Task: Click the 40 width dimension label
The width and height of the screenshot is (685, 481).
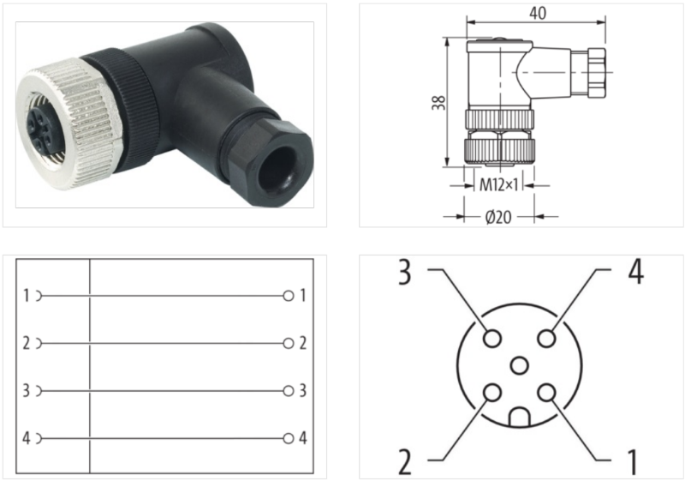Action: pyautogui.click(x=538, y=13)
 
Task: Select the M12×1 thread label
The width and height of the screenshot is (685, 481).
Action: pyautogui.click(x=498, y=183)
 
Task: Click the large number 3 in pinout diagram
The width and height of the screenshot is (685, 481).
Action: pyautogui.click(x=406, y=273)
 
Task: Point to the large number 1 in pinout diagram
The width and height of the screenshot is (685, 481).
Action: pyautogui.click(x=633, y=460)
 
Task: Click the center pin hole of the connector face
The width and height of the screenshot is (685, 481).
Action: pyautogui.click(x=519, y=366)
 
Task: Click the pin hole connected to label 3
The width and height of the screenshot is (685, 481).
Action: pyautogui.click(x=491, y=339)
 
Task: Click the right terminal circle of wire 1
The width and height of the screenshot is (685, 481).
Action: pyautogui.click(x=289, y=296)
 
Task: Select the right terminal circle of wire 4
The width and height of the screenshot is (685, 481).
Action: pyautogui.click(x=289, y=439)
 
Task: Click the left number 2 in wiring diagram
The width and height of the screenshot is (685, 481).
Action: pyautogui.click(x=27, y=344)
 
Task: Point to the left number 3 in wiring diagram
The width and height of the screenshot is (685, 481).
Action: pyautogui.click(x=27, y=391)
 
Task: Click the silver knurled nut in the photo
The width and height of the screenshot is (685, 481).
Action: pyautogui.click(x=73, y=116)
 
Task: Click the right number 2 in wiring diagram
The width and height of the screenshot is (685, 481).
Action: pyautogui.click(x=303, y=344)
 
